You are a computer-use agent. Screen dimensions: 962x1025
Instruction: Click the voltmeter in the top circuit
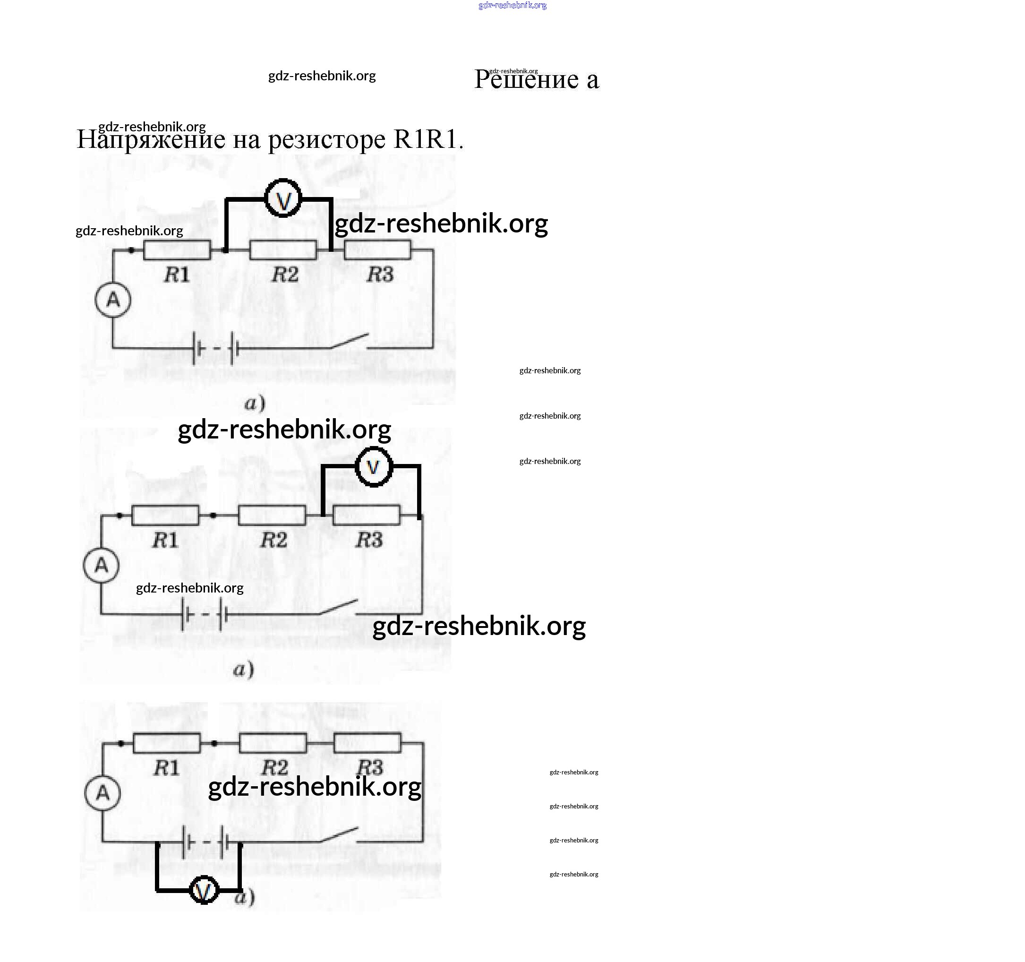282,198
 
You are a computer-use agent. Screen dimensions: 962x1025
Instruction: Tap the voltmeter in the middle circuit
374,467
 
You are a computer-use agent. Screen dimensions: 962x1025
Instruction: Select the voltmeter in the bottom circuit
204,890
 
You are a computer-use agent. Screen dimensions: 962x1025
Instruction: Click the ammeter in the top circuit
113,300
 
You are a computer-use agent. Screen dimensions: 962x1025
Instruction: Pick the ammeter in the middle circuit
101,565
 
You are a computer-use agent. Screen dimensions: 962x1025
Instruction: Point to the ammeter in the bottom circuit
102,793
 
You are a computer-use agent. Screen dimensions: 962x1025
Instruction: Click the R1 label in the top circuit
176,275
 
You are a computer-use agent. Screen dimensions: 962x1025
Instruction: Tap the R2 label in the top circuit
285,275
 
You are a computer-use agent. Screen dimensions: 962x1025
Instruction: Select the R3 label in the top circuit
380,275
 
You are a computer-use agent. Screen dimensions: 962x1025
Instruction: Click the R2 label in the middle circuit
273,540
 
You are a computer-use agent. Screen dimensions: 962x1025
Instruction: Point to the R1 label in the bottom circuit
166,768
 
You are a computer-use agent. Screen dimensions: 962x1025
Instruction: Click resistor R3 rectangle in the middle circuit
367,515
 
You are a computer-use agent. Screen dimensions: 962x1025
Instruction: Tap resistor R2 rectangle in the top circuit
283,250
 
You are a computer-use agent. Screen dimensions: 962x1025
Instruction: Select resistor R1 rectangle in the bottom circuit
167,743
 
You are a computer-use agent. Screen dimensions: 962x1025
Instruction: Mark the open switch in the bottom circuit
339,835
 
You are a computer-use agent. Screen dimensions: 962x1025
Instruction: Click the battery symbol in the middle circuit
204,614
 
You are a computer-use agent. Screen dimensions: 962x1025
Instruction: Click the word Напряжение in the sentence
151,139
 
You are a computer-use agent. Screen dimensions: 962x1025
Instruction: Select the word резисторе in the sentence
327,139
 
